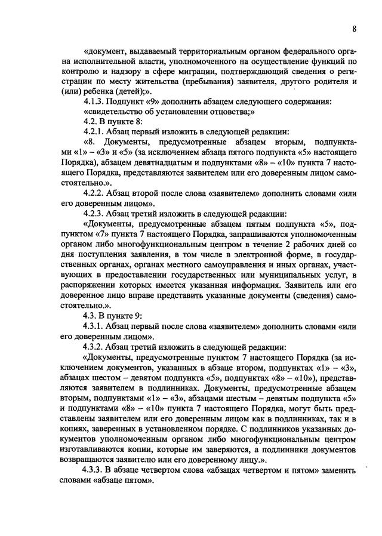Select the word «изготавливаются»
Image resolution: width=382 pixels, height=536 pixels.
pos(94,448)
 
